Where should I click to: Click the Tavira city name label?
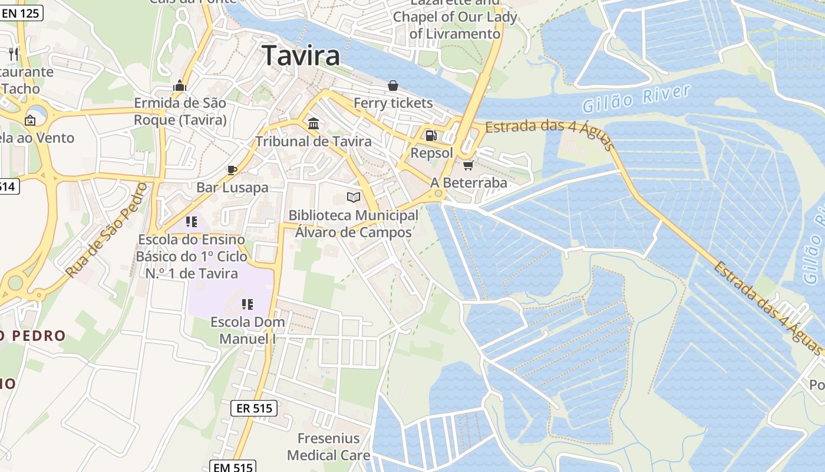coord(301,56)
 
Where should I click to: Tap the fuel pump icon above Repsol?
coord(431,135)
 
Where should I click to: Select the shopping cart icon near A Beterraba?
coord(468,165)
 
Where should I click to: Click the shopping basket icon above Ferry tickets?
coord(393,86)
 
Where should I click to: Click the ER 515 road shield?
coord(253,408)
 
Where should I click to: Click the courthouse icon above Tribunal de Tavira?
coord(313,123)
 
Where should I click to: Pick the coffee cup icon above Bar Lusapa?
coord(232,170)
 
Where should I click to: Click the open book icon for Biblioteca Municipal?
coord(354,197)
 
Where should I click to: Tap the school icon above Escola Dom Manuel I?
coord(247,304)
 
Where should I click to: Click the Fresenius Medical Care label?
coord(328,447)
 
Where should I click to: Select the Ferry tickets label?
coord(393,103)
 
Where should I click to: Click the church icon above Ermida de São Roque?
coord(180,86)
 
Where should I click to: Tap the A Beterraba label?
coord(469,183)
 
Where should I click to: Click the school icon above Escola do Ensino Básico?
coord(191,222)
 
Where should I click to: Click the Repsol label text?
coord(432,153)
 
